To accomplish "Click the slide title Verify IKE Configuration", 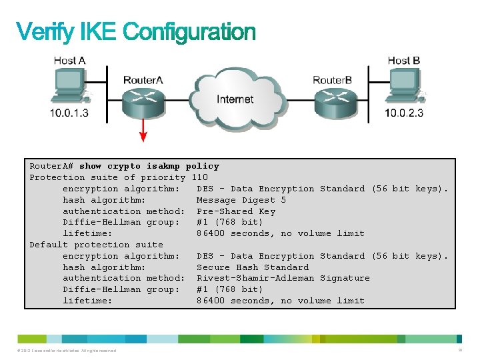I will click(135, 32).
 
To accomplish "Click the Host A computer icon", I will click(69, 89).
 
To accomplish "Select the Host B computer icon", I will click(404, 89).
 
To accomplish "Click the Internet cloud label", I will click(235, 99).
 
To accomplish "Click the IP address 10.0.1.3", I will click(69, 113).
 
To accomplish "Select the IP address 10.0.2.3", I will click(404, 113).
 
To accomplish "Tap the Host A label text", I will click(69, 61).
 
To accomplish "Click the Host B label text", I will click(404, 61).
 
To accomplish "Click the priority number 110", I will click(199, 177).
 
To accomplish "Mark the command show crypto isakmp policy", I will click(149, 166).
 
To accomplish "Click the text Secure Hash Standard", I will click(253, 267).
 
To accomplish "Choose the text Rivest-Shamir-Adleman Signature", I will click(283, 278).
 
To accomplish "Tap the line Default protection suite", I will click(96, 245).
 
